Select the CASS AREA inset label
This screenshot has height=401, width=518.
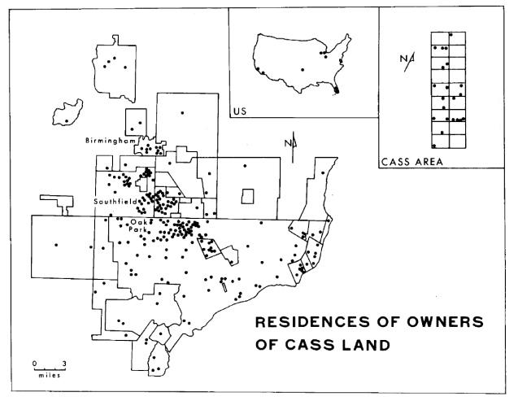411,161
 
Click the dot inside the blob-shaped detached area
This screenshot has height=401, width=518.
67,120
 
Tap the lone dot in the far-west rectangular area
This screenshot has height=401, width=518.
56,245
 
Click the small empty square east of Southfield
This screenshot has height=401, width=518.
248,196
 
